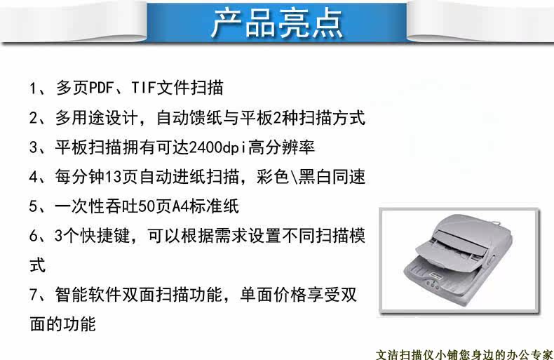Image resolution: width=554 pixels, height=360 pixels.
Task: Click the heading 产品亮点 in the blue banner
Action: point(278,23)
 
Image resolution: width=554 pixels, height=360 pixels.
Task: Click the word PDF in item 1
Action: point(102,88)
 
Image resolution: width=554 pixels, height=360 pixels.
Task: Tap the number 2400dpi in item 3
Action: point(217,147)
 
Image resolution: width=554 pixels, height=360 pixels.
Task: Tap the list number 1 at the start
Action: point(33,88)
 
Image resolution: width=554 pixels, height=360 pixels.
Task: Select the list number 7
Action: point(34,295)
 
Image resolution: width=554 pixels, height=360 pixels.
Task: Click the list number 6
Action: point(34,236)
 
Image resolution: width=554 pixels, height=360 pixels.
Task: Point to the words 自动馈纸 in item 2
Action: point(190,117)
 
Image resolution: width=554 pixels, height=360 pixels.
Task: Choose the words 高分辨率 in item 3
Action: point(281,147)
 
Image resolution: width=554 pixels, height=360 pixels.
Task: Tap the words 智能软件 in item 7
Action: point(88,294)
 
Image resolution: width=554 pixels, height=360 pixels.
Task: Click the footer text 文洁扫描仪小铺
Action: point(417,354)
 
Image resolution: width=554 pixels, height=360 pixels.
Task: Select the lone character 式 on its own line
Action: point(37,265)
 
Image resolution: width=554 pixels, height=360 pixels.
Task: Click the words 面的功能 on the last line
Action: point(63,324)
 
